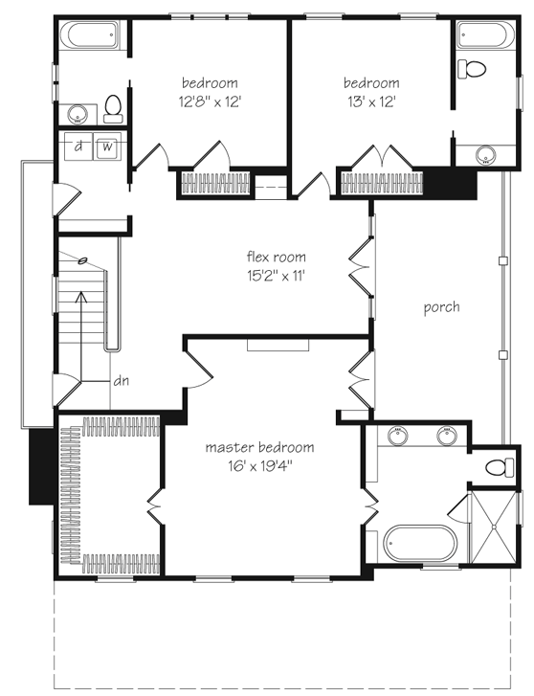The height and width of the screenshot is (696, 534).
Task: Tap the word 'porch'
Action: click(441, 307)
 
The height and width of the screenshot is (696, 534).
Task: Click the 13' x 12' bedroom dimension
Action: click(370, 100)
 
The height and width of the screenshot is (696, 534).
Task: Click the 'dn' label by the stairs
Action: click(122, 380)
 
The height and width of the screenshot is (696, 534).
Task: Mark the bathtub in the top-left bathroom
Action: click(90, 39)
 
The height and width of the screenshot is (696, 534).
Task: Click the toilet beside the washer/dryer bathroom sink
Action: click(113, 108)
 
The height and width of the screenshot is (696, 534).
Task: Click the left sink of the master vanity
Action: click(397, 438)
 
